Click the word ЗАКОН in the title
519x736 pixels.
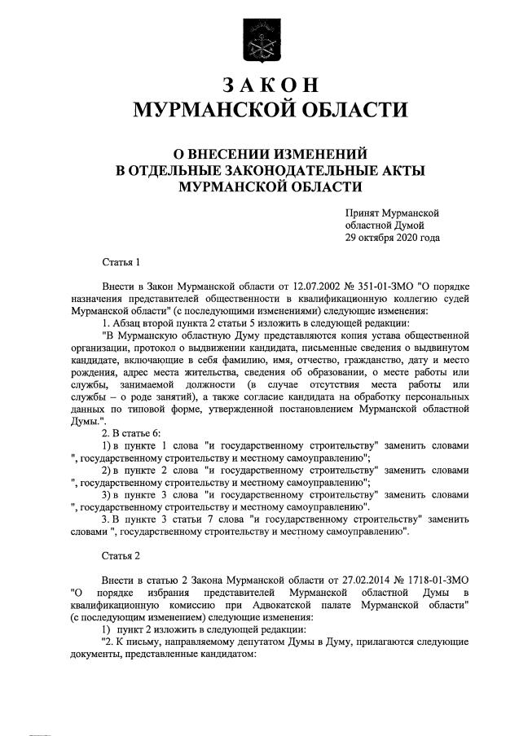point(259,85)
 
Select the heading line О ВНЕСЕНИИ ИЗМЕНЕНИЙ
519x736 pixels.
point(259,152)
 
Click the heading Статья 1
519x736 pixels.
point(121,262)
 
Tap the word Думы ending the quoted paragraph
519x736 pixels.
point(86,421)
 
